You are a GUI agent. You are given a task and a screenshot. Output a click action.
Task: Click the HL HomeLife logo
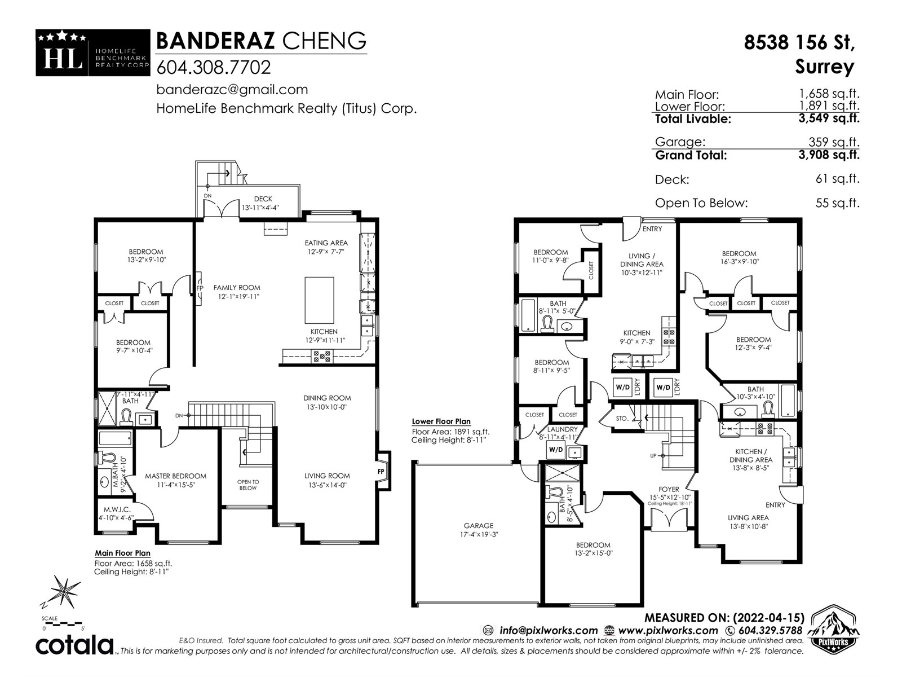point(93,52)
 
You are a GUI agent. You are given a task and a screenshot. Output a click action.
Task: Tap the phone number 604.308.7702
point(214,67)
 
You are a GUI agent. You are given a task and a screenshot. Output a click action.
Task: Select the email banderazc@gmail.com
point(232,90)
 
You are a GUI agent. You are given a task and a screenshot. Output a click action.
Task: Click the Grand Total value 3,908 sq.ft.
point(829,155)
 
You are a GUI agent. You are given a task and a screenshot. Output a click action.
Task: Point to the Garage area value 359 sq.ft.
point(834,142)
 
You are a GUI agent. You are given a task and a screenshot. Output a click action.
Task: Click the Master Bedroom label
point(175,476)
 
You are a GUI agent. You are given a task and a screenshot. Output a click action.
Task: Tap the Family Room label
point(237,288)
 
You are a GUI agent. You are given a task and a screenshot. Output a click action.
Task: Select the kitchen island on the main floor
point(319,300)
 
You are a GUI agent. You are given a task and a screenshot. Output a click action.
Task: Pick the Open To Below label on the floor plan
point(248,485)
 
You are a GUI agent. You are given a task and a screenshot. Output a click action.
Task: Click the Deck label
point(263,199)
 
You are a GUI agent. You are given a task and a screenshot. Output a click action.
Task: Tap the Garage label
point(478,526)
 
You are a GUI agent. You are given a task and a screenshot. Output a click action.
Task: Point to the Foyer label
point(669,490)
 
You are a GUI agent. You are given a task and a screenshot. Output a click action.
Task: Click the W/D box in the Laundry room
point(556,450)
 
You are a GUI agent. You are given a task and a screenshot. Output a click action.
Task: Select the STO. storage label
point(622,419)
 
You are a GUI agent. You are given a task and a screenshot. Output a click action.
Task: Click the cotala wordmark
point(74,645)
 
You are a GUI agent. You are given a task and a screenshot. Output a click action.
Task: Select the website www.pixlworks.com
point(668,631)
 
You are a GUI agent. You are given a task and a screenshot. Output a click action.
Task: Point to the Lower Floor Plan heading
point(441,422)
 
